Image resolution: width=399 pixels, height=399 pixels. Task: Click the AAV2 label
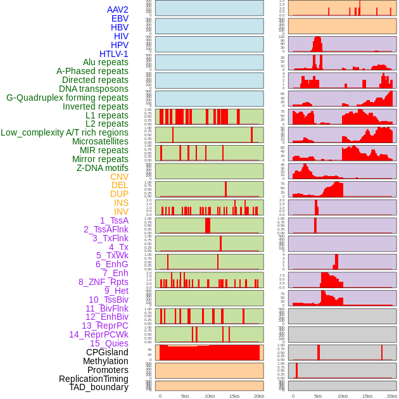coord(117,9)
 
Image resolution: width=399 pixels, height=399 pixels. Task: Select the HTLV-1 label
coord(113,54)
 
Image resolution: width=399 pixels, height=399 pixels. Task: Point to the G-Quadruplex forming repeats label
coord(67,98)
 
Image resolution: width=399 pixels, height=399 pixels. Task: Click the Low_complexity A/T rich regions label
coord(65,132)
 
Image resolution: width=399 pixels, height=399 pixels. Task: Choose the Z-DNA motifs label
coord(103,168)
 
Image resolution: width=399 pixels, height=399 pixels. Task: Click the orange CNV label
coord(119,177)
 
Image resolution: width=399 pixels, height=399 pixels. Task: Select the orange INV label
coord(121,212)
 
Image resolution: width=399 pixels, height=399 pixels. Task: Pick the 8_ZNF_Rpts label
coord(103,282)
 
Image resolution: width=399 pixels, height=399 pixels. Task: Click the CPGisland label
coord(107,352)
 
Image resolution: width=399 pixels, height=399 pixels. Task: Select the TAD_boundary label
coord(99,387)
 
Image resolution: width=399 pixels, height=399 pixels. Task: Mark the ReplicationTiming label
coord(93,379)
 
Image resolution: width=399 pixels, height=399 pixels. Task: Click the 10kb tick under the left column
coord(210,396)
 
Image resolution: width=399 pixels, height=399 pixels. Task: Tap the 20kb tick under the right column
coord(392,396)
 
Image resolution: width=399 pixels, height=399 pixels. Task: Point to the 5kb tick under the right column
coord(318,396)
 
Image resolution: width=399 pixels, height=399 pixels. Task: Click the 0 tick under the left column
coord(160,396)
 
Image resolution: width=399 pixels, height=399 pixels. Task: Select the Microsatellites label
coord(100,141)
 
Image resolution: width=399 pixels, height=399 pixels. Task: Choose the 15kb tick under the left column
coord(234,396)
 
